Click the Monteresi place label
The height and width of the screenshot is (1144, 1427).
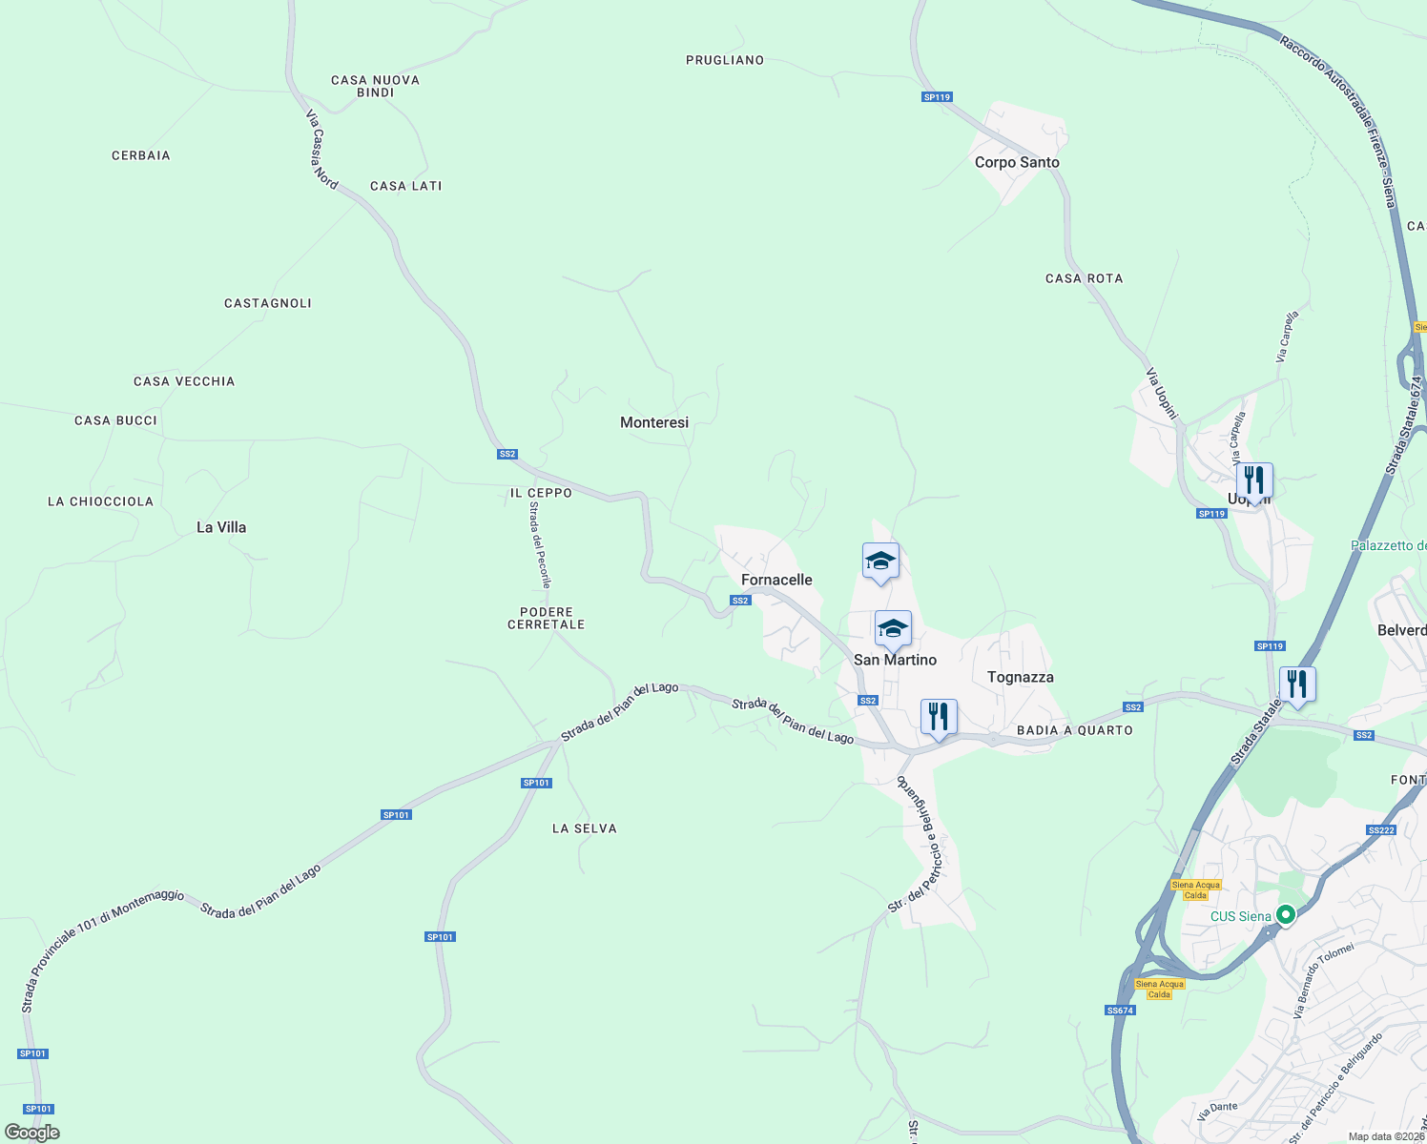(654, 422)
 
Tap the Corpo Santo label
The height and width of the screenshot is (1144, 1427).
(1017, 162)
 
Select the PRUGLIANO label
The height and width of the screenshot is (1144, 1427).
(725, 60)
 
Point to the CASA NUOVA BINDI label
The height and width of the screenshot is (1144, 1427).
(375, 86)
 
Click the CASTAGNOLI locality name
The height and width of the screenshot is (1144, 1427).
(268, 303)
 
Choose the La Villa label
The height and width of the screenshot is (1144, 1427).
(221, 527)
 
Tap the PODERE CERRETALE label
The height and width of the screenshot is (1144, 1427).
(547, 618)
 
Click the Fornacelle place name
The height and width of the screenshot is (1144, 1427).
(776, 580)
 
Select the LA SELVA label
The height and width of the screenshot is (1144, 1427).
(585, 828)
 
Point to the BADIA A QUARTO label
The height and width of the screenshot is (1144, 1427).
(1075, 730)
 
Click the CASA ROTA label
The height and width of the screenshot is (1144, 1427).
(1085, 278)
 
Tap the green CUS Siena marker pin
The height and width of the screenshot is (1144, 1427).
(1286, 915)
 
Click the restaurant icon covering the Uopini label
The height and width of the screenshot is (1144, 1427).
(1254, 481)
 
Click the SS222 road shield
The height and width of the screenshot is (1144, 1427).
(1381, 829)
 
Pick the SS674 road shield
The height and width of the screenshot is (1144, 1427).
(1120, 1011)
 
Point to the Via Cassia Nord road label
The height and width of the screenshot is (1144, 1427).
(321, 150)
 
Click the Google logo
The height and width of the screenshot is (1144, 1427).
(32, 1133)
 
